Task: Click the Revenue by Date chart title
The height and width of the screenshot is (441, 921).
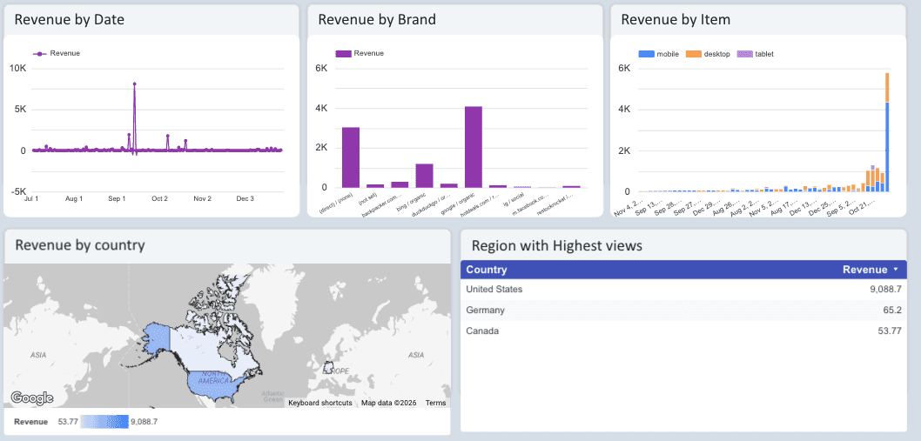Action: pos(69,19)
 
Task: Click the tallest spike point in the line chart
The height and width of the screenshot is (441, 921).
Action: pos(135,84)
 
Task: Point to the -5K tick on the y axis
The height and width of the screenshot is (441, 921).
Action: pos(17,191)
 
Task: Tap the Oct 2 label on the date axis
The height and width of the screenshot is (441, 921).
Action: pos(159,198)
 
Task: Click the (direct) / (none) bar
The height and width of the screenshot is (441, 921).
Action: pos(351,157)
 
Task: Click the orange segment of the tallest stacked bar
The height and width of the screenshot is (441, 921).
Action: pos(887,87)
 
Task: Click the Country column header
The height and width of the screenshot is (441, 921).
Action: pos(487,270)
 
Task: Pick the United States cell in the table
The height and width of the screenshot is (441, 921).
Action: pos(494,290)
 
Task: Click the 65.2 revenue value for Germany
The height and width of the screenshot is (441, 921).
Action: pos(892,311)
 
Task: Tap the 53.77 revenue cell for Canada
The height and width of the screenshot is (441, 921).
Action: pos(889,331)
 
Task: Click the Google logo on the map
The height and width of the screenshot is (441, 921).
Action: pos(32,398)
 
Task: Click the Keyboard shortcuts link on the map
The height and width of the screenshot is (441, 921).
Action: pos(319,403)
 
